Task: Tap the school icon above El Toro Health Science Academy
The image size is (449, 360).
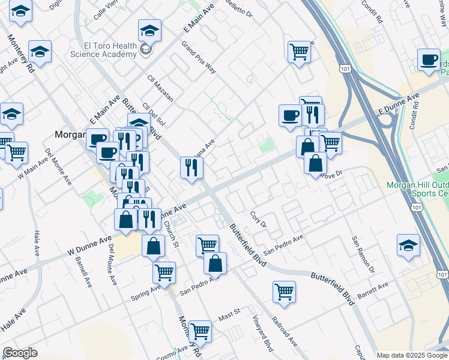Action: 149,29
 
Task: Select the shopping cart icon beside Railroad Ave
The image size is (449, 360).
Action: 284,292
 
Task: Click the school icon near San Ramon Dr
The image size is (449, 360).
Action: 408,245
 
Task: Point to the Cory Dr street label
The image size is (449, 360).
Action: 258,220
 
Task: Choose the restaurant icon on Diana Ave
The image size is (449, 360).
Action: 191,167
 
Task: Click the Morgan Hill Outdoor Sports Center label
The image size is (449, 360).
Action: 417,189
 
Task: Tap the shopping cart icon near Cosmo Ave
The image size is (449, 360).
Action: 199,331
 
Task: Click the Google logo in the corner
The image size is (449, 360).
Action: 20,353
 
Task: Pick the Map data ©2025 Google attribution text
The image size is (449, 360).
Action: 412,355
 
